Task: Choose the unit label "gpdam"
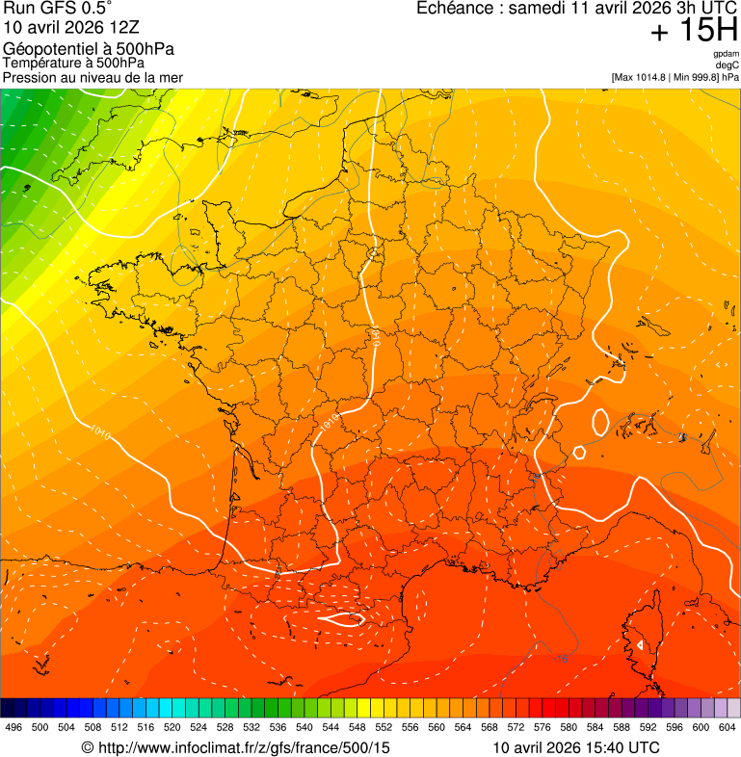(x=726, y=54)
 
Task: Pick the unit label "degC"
(x=728, y=65)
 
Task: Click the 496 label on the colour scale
(x=13, y=727)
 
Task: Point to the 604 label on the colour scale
(x=728, y=727)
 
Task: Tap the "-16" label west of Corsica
(x=561, y=659)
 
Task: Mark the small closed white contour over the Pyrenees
(x=341, y=620)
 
